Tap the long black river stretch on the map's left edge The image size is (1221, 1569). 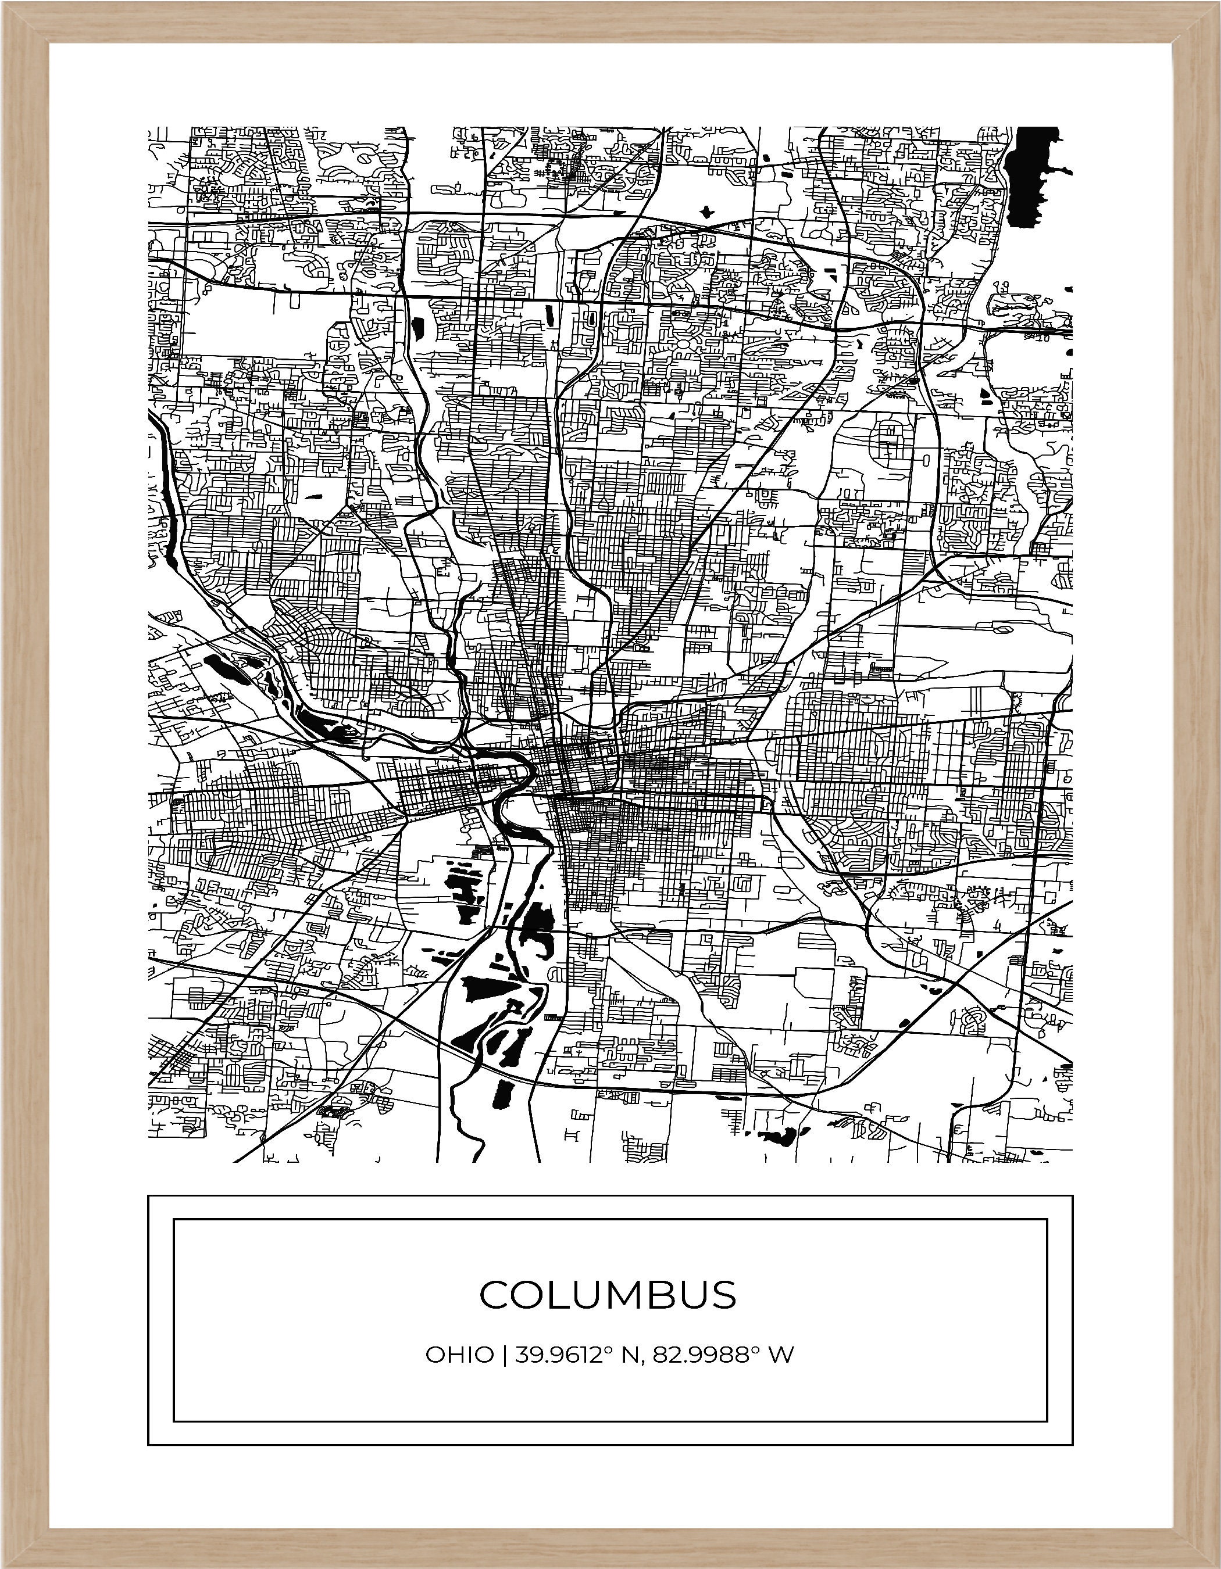tap(168, 496)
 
